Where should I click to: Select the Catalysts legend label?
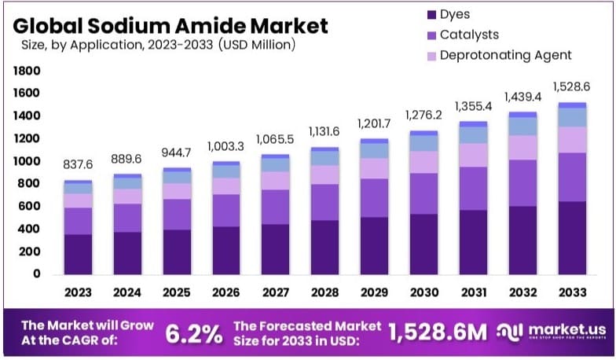pyautogui.click(x=469, y=35)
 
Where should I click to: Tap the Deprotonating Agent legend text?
pyautogui.click(x=505, y=55)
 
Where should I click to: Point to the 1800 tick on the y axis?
pyautogui.click(x=26, y=71)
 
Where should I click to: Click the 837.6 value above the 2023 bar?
pyautogui.click(x=78, y=165)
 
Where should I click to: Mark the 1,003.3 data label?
pyautogui.click(x=225, y=146)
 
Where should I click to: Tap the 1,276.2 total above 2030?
pyautogui.click(x=423, y=115)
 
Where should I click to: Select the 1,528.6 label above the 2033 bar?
pyautogui.click(x=571, y=86)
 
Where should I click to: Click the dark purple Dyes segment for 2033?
pyautogui.click(x=571, y=237)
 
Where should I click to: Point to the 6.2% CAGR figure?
pyautogui.click(x=194, y=334)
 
